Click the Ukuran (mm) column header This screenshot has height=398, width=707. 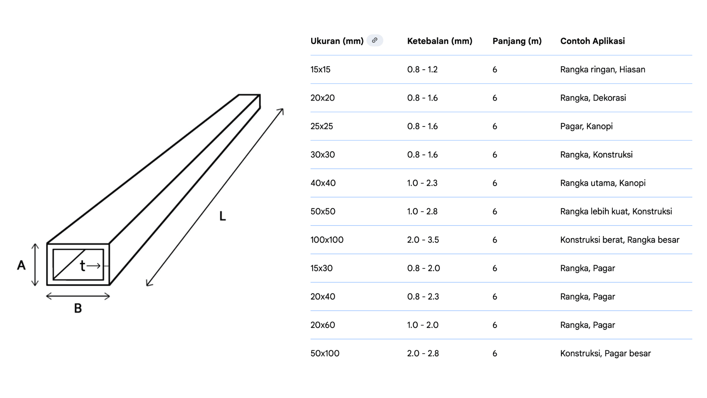[x=337, y=41]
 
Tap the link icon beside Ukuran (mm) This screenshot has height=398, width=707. [x=374, y=41]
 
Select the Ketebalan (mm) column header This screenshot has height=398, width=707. [x=440, y=41]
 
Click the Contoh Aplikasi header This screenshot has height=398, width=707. [x=592, y=41]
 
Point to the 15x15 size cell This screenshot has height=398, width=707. [x=320, y=69]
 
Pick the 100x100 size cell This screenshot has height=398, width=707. [x=327, y=240]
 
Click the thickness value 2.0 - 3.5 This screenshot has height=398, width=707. [x=423, y=240]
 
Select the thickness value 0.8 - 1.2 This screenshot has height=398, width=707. [x=422, y=69]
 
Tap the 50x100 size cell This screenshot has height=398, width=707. [x=325, y=353]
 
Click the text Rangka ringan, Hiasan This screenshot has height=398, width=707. [x=603, y=69]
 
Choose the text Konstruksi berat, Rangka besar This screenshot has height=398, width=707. [x=620, y=240]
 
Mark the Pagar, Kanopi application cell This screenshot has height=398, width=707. [x=587, y=126]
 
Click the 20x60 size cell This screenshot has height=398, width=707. [x=323, y=325]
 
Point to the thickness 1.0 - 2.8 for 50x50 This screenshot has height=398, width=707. [x=422, y=211]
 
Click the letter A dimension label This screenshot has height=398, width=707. [x=21, y=265]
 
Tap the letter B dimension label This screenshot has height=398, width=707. [x=78, y=308]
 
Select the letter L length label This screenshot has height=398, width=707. [x=222, y=216]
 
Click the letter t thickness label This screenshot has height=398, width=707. [x=82, y=265]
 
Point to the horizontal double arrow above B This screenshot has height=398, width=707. [x=78, y=296]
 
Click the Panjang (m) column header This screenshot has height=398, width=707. [x=517, y=41]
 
